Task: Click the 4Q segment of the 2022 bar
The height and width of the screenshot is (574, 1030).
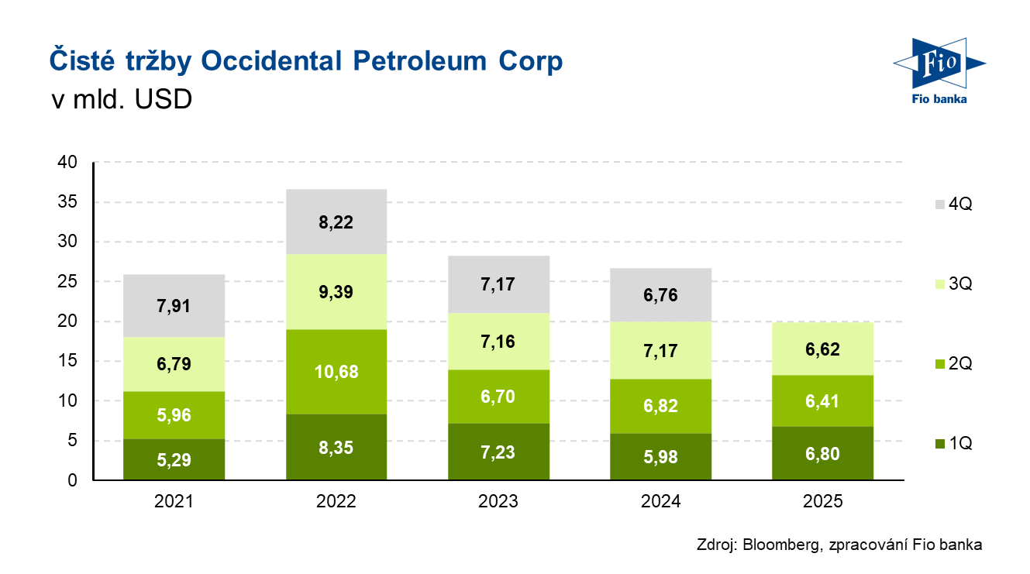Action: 336,222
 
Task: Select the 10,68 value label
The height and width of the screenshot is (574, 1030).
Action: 336,371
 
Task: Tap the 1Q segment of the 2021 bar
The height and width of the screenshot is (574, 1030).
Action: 174,460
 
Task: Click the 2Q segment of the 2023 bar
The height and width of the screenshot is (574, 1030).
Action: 498,397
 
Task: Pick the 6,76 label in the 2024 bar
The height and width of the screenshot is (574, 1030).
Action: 660,294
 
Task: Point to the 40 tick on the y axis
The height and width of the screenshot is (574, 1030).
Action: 69,163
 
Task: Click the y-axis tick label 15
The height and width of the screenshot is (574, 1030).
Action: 69,361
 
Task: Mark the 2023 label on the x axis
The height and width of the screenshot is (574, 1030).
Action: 498,501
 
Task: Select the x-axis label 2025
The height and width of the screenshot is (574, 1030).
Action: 822,501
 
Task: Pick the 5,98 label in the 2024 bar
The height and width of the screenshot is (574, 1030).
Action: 660,457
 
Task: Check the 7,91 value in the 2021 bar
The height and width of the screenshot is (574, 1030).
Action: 174,306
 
